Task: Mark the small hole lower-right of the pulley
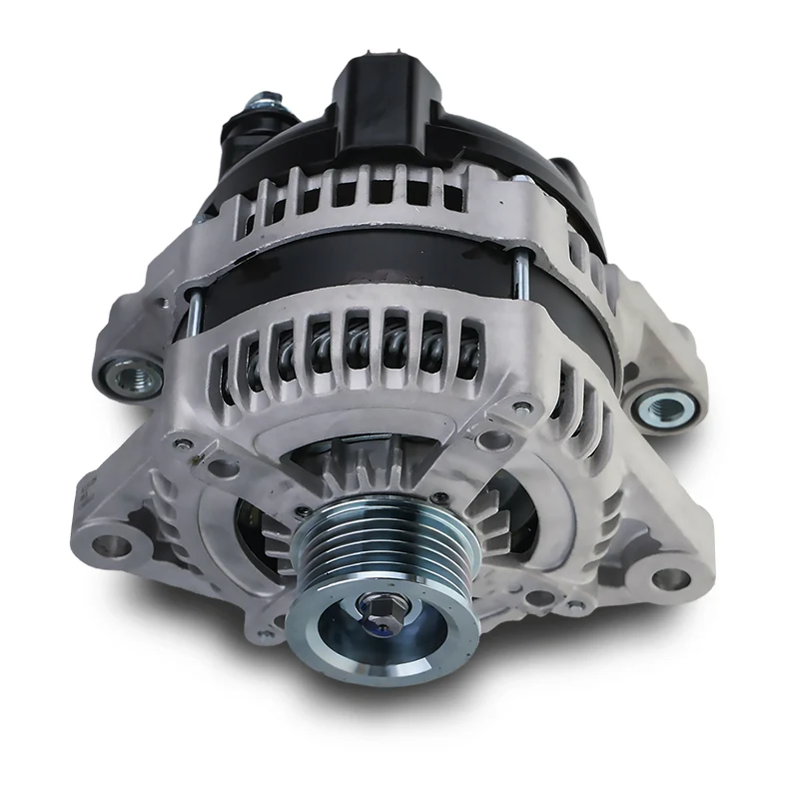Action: click(x=540, y=598)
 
